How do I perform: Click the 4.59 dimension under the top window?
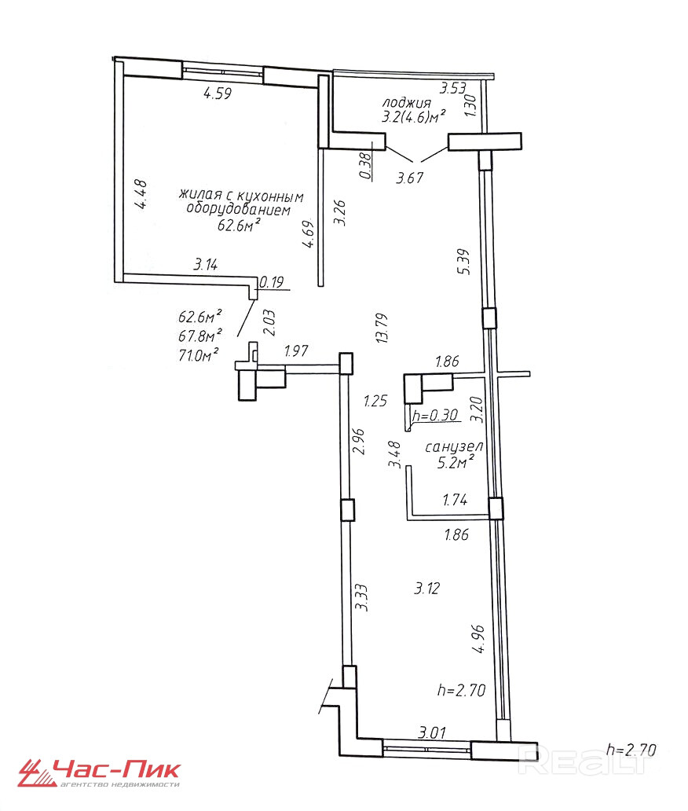point(218,94)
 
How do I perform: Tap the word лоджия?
point(406,102)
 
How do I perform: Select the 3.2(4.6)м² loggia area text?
point(414,117)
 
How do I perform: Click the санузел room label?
point(454,446)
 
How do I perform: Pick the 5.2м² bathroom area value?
point(456,462)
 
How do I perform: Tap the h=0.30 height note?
point(435,415)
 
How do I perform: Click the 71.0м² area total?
point(198,355)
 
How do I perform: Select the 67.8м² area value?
point(200,336)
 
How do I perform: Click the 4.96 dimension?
point(478,639)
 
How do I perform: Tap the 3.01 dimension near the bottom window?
point(432,732)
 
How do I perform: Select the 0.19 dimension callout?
point(272,282)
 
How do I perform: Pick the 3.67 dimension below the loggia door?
point(409,178)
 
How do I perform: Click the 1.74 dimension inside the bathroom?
point(455,500)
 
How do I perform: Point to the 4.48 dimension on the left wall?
point(140,194)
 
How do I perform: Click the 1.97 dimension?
point(296,351)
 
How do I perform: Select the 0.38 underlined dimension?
point(365,166)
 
